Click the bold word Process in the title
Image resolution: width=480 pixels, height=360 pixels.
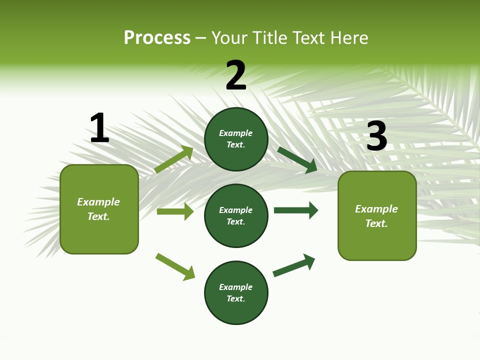(157, 38)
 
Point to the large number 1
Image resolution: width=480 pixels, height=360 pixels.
(99, 128)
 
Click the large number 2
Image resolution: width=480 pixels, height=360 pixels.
(236, 76)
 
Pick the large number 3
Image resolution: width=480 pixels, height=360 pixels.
(376, 136)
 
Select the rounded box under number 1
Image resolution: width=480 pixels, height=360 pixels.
(99, 209)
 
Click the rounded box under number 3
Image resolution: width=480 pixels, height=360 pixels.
(377, 216)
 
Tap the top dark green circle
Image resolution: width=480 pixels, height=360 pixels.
(236, 139)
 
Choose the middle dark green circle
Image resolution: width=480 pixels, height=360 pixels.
(236, 216)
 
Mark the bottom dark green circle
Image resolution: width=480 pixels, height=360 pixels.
(236, 293)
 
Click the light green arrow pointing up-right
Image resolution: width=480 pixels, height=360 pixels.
(174, 159)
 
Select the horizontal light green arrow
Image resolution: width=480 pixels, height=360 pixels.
(175, 211)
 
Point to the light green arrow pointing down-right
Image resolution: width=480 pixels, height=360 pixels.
(175, 267)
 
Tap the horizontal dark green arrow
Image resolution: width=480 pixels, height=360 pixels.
(296, 210)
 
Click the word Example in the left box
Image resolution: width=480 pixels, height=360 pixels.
(98, 202)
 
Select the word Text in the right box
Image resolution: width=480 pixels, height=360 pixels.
(376, 223)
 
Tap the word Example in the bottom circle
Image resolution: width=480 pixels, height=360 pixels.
(235, 287)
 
